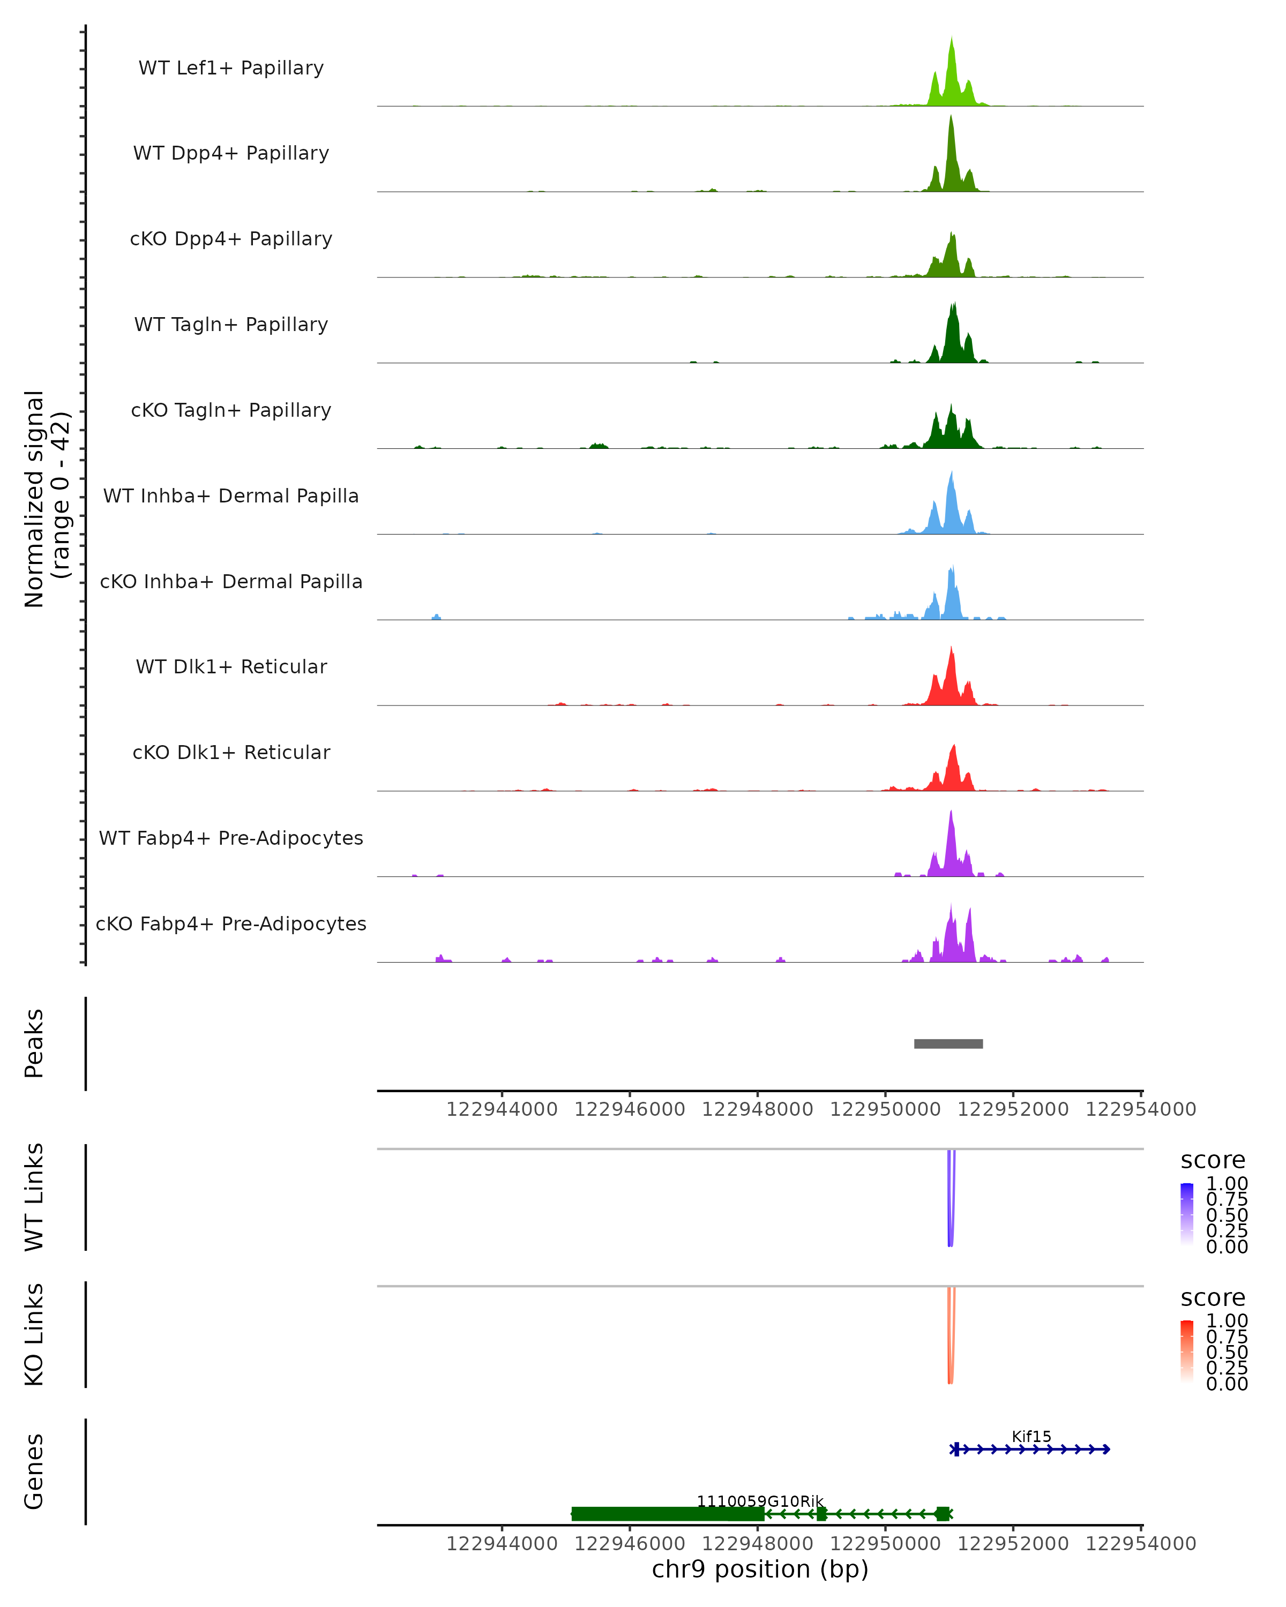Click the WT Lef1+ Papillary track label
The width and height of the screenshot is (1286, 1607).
231,68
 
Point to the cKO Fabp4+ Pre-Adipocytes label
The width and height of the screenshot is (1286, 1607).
231,923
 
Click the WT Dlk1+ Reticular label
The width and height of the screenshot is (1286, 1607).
231,667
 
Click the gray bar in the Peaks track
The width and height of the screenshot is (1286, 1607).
948,1043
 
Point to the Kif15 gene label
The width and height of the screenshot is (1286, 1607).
1031,1436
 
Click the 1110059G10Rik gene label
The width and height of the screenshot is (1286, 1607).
760,1501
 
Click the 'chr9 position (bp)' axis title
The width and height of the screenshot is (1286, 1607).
760,1569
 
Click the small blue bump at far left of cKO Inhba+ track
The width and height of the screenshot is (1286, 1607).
436,617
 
